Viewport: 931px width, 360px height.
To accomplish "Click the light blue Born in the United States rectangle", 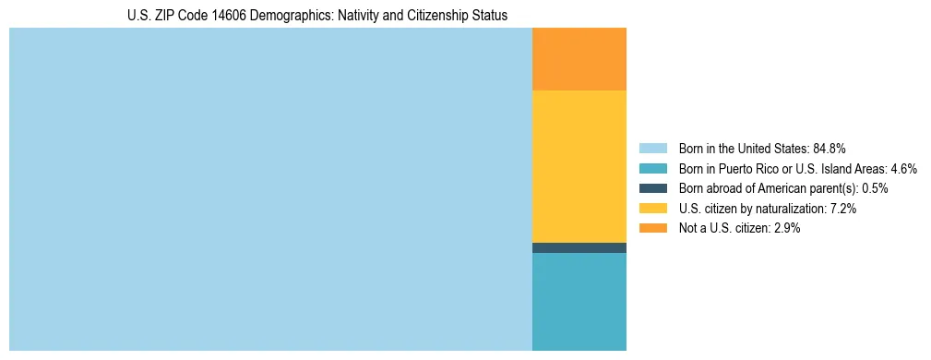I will [270, 189].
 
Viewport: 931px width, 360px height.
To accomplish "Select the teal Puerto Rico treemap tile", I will [579, 302].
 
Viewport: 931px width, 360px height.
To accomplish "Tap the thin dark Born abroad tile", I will [579, 247].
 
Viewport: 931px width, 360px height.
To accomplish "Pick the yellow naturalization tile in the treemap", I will [579, 166].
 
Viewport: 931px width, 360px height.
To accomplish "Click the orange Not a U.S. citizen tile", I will [579, 59].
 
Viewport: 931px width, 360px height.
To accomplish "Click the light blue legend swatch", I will [652, 148].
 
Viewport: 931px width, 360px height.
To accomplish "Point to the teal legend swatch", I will [652, 168].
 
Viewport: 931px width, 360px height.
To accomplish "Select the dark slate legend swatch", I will [652, 188].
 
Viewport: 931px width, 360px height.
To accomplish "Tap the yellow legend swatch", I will [652, 209].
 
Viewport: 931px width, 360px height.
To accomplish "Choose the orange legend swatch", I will [652, 228].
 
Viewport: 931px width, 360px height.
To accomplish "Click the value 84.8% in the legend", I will [830, 148].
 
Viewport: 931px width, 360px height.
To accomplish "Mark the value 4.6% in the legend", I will [902, 168].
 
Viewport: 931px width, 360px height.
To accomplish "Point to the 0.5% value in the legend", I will [875, 188].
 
